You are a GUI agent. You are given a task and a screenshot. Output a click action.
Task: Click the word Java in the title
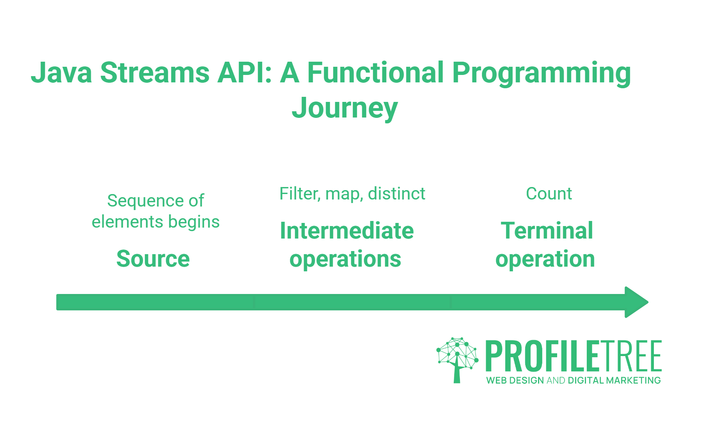(61, 73)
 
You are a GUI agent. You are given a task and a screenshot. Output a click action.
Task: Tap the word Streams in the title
(155, 73)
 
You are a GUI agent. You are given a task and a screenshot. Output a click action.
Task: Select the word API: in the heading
(245, 73)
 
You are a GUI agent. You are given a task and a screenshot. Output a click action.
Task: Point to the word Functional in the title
(375, 73)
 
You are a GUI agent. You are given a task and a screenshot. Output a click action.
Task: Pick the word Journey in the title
(345, 109)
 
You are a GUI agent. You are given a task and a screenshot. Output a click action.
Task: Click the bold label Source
(153, 259)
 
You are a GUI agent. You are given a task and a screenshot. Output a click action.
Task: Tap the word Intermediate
(346, 231)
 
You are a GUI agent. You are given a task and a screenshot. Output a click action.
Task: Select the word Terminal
(547, 231)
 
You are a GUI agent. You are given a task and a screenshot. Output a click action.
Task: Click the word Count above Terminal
(549, 194)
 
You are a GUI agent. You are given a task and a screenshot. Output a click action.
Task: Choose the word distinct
(396, 194)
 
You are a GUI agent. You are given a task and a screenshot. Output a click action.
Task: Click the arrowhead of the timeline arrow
(636, 302)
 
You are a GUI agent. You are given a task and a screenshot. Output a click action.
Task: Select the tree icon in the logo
(457, 359)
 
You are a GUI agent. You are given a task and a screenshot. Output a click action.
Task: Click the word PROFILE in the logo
(542, 356)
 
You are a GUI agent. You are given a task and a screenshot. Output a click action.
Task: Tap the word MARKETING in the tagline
(633, 380)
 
